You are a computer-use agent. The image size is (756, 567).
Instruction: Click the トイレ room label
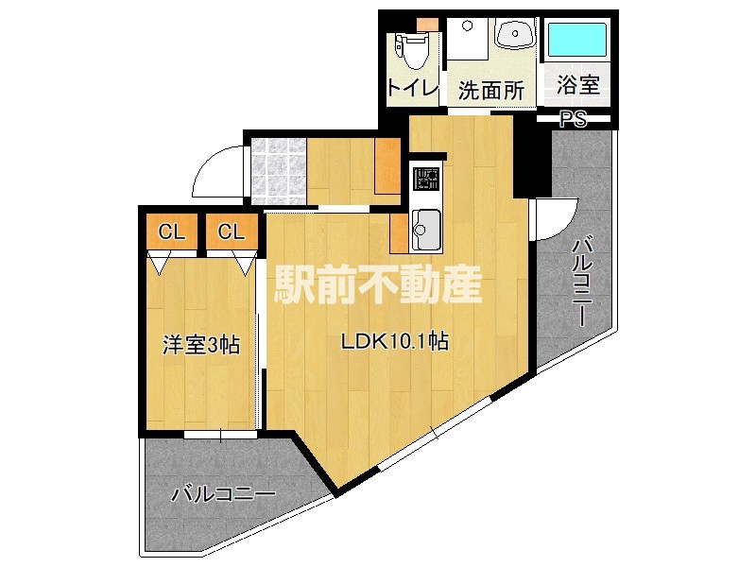[413, 88]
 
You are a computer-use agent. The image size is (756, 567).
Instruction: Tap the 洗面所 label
[490, 90]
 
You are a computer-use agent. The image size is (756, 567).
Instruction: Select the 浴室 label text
[577, 86]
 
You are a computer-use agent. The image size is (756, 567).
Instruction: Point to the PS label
[573, 119]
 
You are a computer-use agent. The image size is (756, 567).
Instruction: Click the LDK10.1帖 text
[394, 343]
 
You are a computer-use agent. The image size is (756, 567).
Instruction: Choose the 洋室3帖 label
[199, 345]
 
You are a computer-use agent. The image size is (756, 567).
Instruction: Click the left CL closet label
[171, 232]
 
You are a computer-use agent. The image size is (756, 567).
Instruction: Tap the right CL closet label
[232, 232]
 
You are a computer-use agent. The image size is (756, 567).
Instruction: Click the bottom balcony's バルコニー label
[223, 493]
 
